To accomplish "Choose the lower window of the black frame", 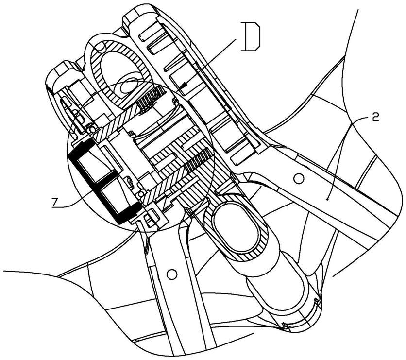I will (115, 192).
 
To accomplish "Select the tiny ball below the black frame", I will (141, 194).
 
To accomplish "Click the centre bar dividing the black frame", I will (103, 177).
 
